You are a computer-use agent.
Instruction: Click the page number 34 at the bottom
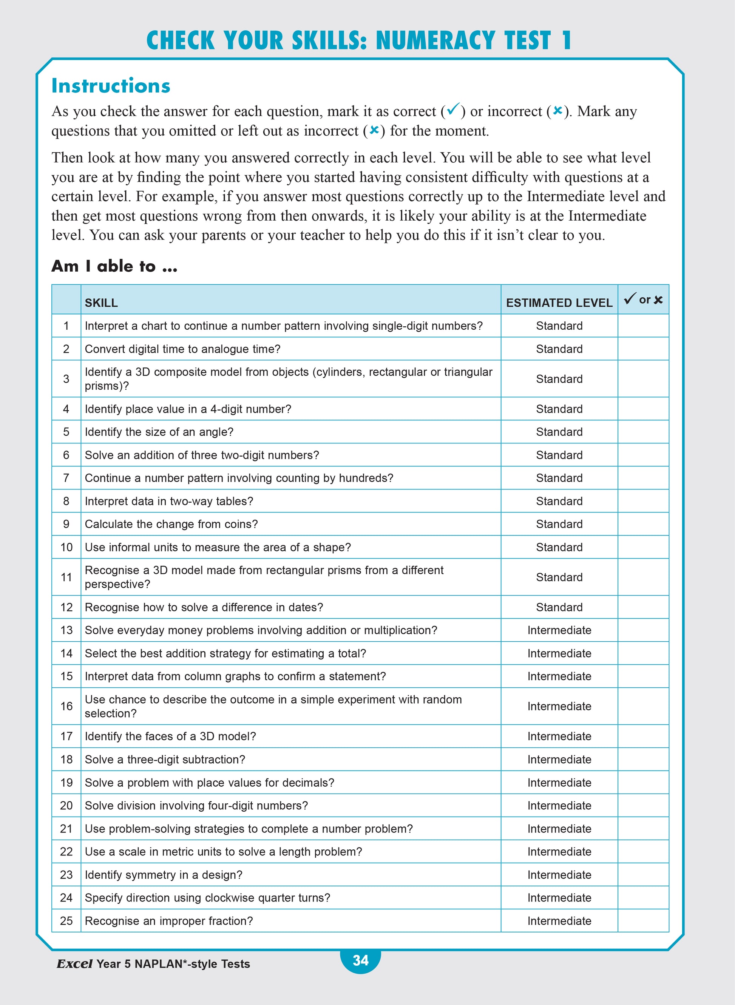360,960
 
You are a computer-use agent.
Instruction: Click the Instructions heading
111,85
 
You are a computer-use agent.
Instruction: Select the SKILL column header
102,303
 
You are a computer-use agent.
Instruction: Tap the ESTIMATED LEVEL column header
559,303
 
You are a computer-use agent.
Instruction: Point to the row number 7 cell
66,478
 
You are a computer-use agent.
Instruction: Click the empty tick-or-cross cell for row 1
643,326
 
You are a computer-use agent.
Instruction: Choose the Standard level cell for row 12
559,607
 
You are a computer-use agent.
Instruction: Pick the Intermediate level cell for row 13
559,630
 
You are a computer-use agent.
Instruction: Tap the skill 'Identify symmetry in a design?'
163,874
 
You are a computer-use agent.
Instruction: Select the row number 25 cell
66,920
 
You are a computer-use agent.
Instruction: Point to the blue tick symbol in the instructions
453,109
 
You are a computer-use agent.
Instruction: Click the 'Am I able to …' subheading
114,266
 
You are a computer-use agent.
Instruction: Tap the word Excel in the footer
75,963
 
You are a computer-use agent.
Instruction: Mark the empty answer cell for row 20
643,805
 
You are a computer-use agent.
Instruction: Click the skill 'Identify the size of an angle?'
159,432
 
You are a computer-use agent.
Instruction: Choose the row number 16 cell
66,706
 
